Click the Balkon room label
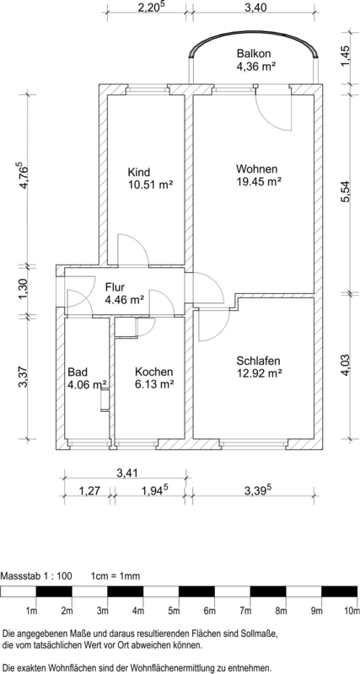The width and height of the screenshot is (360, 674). [x=254, y=54]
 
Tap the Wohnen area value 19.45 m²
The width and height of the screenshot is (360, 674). [x=259, y=181]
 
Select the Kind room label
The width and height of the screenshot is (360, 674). [x=139, y=173]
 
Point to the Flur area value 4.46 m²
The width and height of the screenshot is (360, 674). [x=125, y=300]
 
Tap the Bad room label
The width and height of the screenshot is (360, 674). [x=78, y=372]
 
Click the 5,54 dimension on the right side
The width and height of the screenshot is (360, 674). [x=347, y=193]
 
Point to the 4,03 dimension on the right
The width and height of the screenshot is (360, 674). [x=347, y=366]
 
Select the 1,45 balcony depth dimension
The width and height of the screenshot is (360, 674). [x=347, y=56]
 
